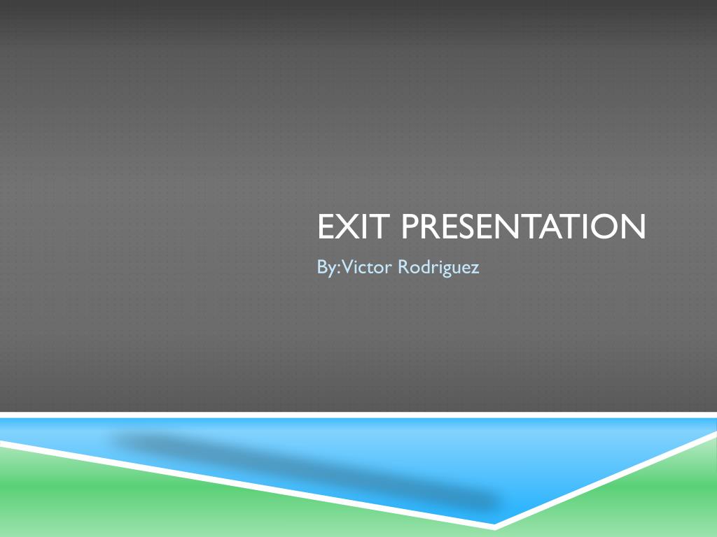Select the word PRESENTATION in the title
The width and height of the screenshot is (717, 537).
click(524, 227)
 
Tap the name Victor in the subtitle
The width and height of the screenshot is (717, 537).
click(366, 267)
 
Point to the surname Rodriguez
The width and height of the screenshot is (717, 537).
click(439, 267)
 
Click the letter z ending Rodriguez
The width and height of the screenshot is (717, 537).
click(475, 268)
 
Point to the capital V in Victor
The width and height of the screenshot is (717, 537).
click(345, 266)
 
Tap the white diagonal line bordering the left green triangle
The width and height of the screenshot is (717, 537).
click(245, 482)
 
